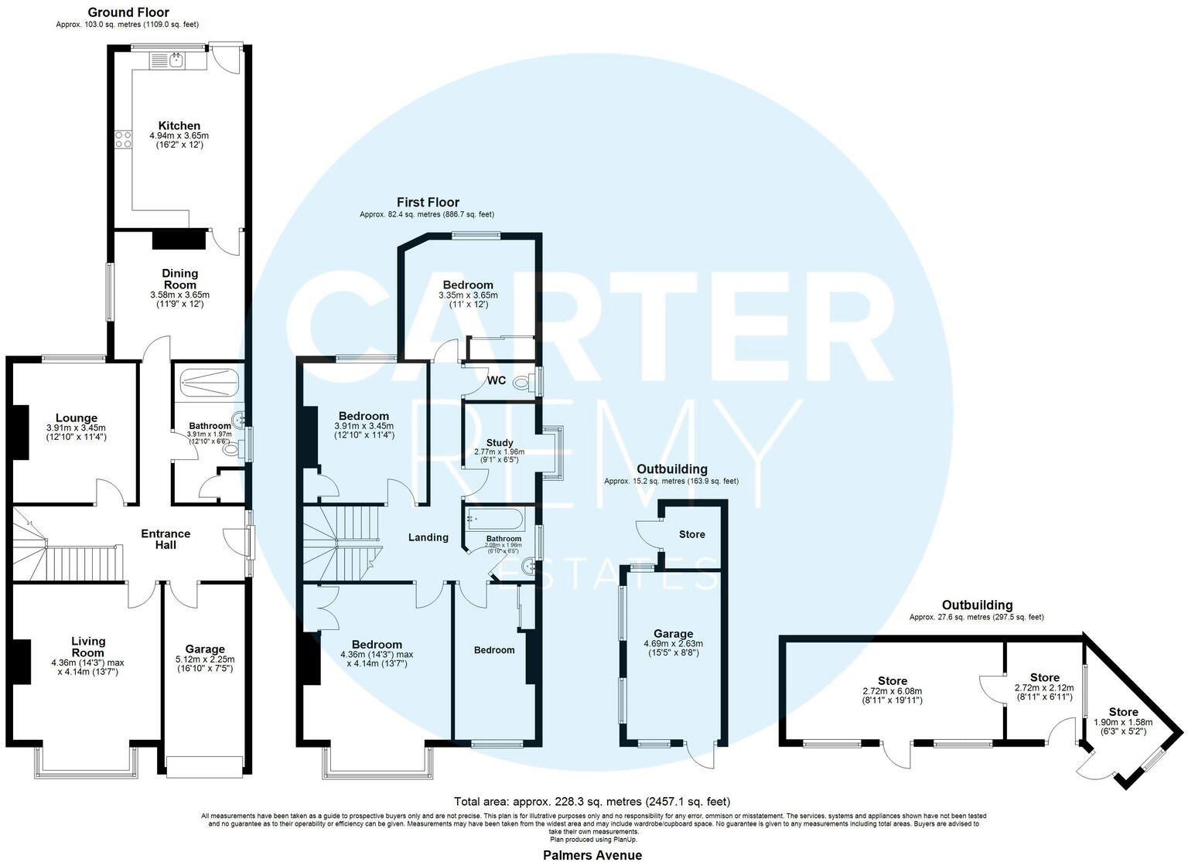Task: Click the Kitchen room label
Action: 179,125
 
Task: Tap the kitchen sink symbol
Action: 169,60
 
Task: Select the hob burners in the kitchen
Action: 123,139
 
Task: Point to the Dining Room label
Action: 179,278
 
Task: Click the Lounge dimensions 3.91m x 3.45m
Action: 76,428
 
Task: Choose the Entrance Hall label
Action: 166,539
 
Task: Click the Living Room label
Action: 88,646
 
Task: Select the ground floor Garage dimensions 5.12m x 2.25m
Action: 205,659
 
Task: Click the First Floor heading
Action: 428,202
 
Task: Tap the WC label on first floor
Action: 497,380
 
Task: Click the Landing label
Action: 428,537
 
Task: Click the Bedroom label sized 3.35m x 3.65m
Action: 468,285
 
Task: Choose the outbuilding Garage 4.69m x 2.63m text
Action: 673,643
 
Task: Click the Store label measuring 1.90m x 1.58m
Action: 1123,712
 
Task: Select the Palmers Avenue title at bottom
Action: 592,854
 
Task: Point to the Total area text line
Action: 592,802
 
